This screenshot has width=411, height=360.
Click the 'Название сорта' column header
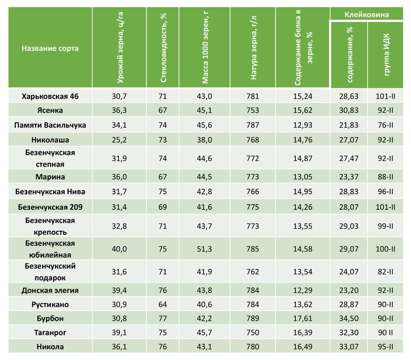[x=50, y=48]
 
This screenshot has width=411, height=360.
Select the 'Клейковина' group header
[x=367, y=14]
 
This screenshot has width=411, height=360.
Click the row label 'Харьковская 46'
[x=50, y=96]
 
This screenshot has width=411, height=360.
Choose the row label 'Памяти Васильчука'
[x=50, y=125]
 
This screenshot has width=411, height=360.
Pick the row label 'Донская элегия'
[x=50, y=290]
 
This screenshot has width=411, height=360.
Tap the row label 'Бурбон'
[x=50, y=318]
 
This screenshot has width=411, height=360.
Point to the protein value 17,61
[x=302, y=318]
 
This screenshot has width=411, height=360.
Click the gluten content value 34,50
[x=349, y=318]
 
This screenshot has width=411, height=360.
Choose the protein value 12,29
[x=302, y=290]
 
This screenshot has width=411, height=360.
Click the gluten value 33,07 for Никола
[x=349, y=347]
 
